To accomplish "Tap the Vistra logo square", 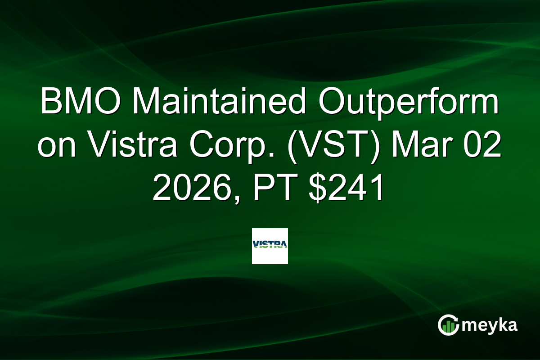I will click(270, 246).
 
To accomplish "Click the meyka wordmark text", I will click(490, 325).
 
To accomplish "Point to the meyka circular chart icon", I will click(449, 325).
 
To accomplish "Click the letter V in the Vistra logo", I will click(256, 245).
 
